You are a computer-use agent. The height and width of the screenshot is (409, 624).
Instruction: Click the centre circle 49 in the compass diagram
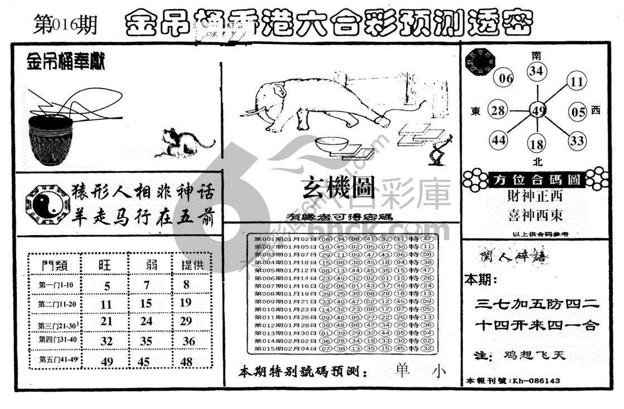[x=538, y=110]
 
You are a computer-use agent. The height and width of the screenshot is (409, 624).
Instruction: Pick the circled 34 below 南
[x=536, y=71]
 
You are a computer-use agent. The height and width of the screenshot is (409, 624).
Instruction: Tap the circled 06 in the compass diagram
[x=505, y=79]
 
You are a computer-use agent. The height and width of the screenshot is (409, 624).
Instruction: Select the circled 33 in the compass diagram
[x=577, y=140]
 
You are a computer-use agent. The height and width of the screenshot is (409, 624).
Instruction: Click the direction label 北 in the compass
[x=538, y=162]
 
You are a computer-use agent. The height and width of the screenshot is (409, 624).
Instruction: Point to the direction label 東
[x=475, y=111]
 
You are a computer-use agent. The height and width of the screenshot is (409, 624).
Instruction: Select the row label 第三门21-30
[x=56, y=325]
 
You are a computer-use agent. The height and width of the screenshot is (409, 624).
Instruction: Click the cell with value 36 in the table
[x=189, y=342]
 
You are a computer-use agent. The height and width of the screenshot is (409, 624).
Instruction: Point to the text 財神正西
[x=535, y=196]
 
